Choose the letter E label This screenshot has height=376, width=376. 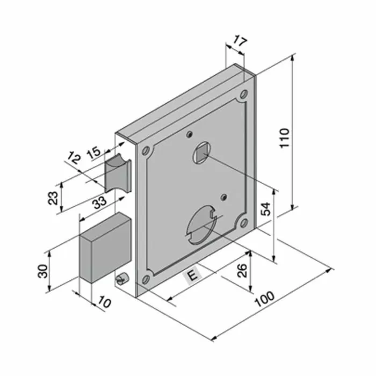(192, 276)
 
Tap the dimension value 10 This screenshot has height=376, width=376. (104, 303)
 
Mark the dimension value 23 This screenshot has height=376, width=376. (53, 198)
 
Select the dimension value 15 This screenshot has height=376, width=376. (93, 151)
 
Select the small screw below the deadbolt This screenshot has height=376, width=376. (121, 279)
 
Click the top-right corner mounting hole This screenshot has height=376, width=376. (244, 95)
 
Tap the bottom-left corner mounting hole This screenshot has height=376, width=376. (145, 279)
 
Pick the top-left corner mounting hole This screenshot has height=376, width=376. (145, 151)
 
